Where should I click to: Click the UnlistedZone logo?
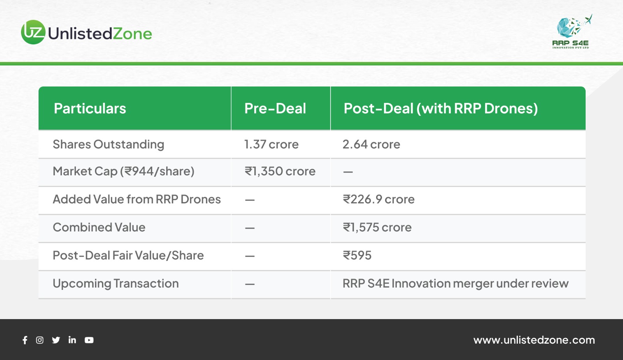coord(86,32)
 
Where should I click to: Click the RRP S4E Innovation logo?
coord(572,32)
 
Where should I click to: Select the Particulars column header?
coord(90,108)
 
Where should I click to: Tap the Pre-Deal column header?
coord(275,108)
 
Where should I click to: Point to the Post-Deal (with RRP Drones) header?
coord(441,108)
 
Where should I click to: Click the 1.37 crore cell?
coord(271,145)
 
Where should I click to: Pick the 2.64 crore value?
coord(371,145)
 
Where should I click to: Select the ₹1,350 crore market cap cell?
coord(280,171)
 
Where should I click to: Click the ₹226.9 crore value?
coord(378,199)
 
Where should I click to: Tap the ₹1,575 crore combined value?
coord(377,228)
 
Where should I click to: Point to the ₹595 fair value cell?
coord(357,256)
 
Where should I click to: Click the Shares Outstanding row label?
coord(109,145)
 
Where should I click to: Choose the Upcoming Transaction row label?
coord(116,284)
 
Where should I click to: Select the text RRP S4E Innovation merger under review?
coord(456,284)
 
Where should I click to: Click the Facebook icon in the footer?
coord(25,340)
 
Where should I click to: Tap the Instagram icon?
coord(40,340)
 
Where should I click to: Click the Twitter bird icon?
coord(56,340)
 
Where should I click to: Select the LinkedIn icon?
coord(72,340)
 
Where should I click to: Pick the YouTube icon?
coord(89,340)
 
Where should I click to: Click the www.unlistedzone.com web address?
coord(534,340)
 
